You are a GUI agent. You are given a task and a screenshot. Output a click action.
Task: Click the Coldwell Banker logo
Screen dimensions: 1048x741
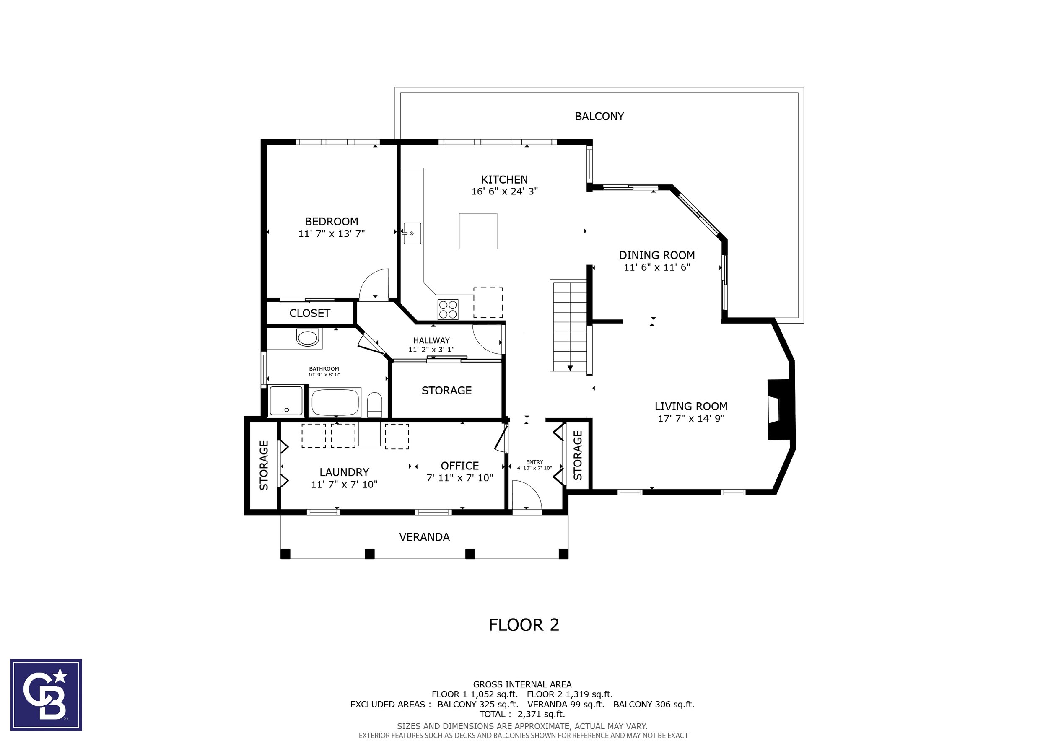46,694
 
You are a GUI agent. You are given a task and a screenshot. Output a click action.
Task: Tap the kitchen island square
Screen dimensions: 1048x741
478,231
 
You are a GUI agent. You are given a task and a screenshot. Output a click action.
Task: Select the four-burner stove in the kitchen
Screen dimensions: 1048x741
448,309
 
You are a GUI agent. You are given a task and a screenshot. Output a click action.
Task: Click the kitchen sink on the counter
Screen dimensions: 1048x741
412,233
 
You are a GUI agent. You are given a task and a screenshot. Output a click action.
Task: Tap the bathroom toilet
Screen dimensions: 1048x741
375,404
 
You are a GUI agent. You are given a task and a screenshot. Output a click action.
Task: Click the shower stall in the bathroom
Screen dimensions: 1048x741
286,401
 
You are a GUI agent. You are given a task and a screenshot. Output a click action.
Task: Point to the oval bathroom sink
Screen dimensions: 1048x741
308,338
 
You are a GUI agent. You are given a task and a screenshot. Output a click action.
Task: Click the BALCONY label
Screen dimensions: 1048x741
599,117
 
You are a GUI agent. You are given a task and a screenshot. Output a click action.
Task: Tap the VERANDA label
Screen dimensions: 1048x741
425,537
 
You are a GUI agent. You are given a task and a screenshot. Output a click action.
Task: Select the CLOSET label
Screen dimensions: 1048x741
309,313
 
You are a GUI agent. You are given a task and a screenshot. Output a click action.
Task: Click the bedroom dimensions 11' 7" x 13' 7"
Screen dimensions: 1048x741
332,233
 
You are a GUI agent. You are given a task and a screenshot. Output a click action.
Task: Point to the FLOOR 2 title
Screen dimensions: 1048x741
524,624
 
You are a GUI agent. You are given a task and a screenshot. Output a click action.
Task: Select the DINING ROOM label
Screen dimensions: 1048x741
657,255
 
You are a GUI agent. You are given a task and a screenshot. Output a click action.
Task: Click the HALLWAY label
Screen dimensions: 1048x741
431,340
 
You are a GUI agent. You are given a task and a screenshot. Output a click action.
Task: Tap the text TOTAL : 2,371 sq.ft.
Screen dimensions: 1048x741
522,714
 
